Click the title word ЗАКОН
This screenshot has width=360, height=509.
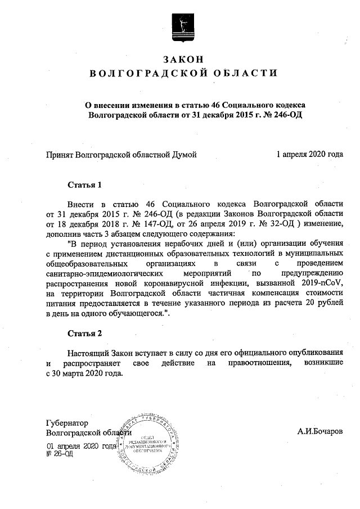tap(181, 59)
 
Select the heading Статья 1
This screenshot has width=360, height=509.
tap(84, 184)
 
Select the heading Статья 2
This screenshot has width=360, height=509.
tap(84, 334)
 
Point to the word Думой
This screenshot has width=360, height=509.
tap(185, 154)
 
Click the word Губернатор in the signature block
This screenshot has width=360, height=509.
tap(67, 422)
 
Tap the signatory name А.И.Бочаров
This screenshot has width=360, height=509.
tap(319, 432)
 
